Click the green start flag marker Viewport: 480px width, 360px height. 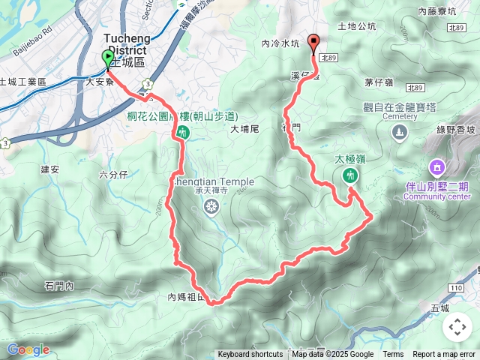(108, 58)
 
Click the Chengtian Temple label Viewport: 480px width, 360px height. (214, 181)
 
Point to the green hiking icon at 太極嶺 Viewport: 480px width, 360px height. (348, 175)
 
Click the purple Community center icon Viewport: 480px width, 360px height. (436, 166)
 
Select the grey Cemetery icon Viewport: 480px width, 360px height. (399, 133)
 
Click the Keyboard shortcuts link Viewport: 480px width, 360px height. (250, 355)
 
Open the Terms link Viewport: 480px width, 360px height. (393, 355)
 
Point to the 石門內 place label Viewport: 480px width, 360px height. (59, 286)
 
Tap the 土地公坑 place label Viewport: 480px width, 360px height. (356, 26)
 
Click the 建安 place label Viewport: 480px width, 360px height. (50, 169)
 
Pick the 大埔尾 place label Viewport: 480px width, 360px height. (244, 129)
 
